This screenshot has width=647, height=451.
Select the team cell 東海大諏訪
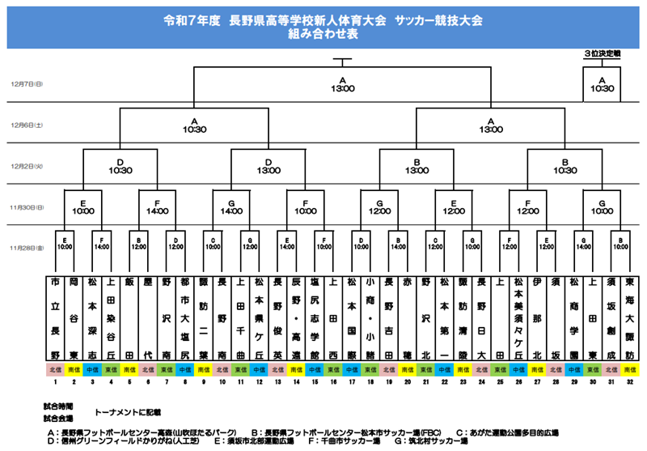pos(630,319)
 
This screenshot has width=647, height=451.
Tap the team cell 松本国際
pos(352,319)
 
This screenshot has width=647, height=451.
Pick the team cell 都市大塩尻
pos(185,319)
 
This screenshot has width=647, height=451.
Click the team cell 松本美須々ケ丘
pos(518,319)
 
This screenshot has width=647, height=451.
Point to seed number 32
pos(630,382)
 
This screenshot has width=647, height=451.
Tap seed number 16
pos(333,382)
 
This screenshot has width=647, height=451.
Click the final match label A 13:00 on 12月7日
pos(342,84)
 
